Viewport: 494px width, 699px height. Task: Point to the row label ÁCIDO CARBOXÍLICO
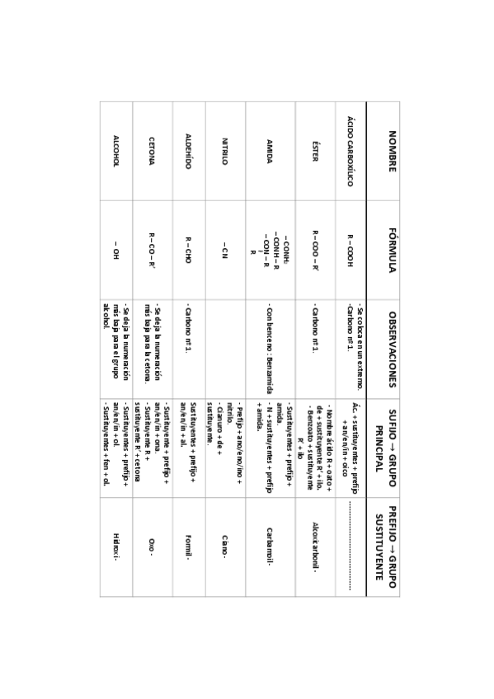(350, 152)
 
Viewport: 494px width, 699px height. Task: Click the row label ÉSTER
(314, 152)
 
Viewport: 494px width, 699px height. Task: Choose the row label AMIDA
(269, 152)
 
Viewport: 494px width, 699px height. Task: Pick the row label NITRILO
(224, 152)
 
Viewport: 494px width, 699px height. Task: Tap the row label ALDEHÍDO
(188, 152)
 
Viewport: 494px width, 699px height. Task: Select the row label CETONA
(152, 152)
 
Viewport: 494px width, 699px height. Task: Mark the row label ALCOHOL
(116, 152)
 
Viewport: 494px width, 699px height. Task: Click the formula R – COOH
(350, 250)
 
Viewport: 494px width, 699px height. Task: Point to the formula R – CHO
(188, 250)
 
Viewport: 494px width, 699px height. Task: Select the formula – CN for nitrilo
(224, 250)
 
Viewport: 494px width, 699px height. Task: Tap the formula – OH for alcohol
(116, 250)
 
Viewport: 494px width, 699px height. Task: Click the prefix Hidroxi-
(116, 546)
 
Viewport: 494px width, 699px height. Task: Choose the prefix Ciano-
(224, 546)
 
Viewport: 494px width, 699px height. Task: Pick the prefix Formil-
(188, 546)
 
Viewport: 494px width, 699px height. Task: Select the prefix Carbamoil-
(269, 546)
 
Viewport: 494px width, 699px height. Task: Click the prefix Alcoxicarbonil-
(314, 546)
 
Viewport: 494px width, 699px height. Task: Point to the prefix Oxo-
(152, 546)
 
